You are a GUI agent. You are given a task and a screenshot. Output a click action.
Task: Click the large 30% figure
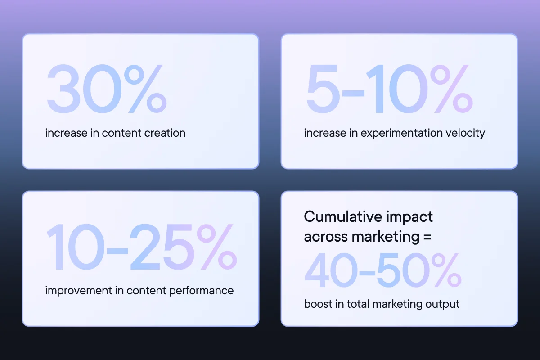click(x=107, y=89)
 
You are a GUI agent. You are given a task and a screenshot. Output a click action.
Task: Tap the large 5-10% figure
click(x=390, y=89)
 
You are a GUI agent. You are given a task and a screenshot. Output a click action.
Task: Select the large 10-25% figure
click(x=142, y=247)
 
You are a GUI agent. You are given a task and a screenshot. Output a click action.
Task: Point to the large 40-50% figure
click(x=383, y=270)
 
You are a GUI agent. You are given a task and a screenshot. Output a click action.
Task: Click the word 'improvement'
click(x=78, y=291)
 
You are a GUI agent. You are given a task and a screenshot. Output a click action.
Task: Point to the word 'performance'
click(x=201, y=291)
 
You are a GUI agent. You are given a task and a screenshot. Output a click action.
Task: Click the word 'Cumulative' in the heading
click(x=343, y=216)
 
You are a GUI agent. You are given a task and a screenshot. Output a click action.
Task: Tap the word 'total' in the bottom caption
click(x=358, y=304)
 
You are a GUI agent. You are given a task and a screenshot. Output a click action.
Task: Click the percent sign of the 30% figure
click(x=146, y=89)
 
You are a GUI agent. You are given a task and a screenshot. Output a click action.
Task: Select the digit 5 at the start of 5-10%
click(x=322, y=89)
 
